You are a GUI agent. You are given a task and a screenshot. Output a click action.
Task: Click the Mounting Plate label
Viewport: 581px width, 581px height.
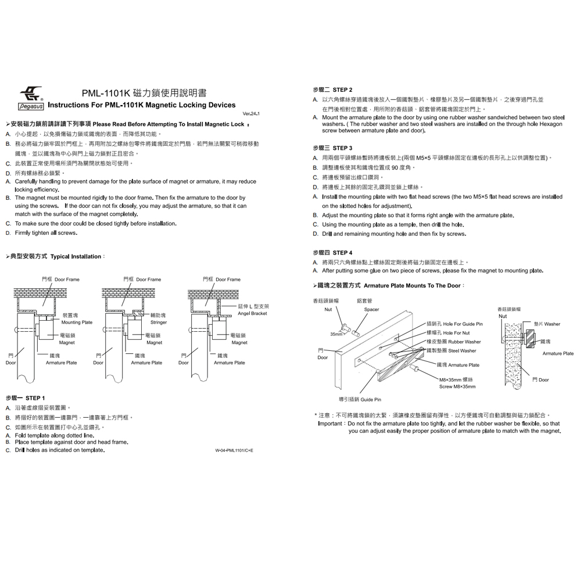(x=77, y=322)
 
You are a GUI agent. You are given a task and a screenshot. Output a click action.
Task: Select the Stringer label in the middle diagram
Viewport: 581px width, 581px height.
(x=159, y=322)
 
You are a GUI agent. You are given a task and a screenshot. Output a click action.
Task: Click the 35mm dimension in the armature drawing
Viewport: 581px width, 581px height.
(x=336, y=334)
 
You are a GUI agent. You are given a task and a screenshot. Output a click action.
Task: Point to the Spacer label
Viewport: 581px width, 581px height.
(x=371, y=310)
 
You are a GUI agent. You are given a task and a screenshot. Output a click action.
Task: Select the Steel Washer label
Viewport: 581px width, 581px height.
(x=462, y=351)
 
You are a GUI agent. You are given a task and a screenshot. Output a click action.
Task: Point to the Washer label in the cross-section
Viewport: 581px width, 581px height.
(x=552, y=324)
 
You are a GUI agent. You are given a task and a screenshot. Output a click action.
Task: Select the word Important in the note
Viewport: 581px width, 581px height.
(x=330, y=424)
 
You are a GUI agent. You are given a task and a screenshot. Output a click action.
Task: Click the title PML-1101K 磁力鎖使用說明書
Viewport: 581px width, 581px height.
(x=144, y=93)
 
